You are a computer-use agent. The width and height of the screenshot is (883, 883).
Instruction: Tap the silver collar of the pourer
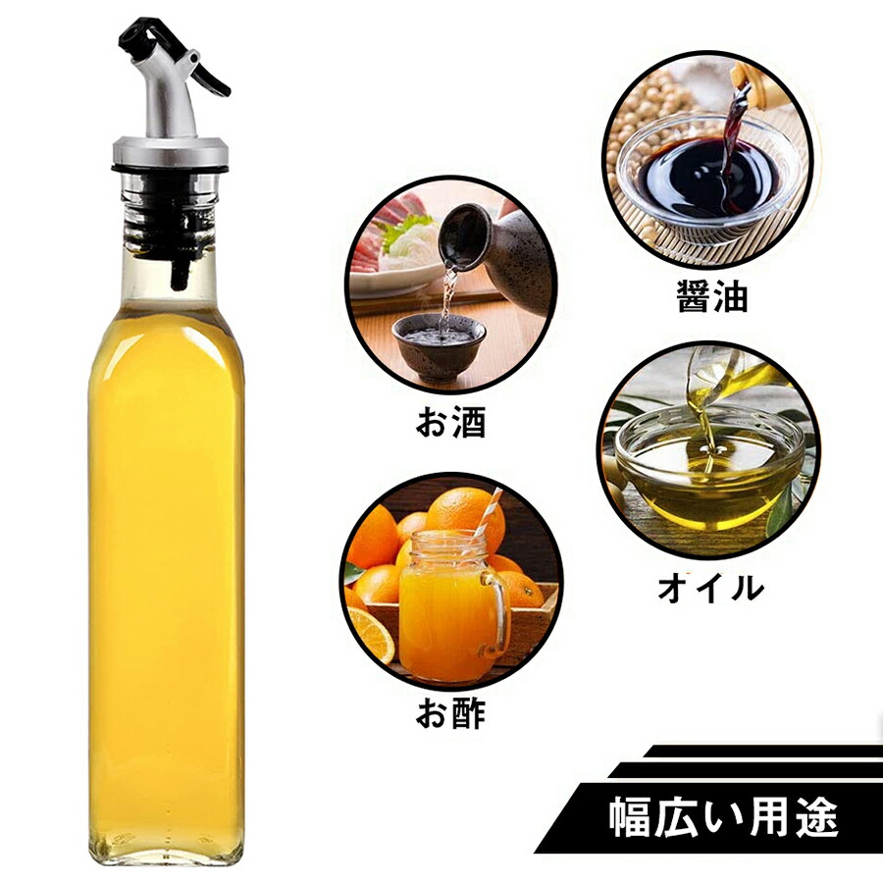tap(171, 150)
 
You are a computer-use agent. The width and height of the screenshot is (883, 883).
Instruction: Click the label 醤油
tap(712, 295)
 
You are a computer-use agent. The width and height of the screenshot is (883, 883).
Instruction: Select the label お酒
tap(450, 421)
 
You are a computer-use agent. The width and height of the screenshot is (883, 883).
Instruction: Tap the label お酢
tap(450, 713)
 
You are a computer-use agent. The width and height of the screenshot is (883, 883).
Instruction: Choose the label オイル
tap(710, 589)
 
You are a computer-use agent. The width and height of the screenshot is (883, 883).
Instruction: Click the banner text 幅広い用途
tap(723, 817)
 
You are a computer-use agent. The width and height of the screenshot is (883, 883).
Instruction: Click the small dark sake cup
tap(439, 345)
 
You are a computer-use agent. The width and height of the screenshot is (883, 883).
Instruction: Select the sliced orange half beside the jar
tap(368, 634)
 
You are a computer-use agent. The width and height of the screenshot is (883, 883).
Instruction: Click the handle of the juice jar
tap(496, 615)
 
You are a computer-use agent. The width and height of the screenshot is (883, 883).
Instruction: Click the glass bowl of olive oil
tap(708, 469)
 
